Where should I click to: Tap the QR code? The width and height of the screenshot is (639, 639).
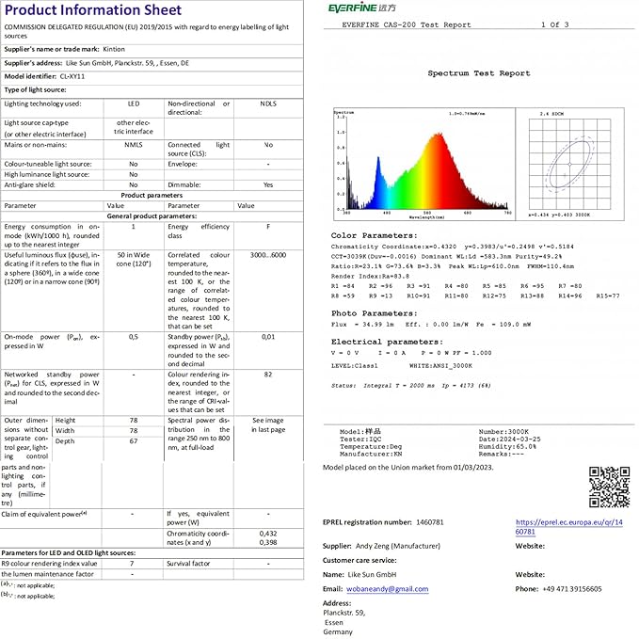(608, 487)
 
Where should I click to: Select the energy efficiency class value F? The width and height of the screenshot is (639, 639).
(268, 227)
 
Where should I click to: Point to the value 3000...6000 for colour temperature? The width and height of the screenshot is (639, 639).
(268, 255)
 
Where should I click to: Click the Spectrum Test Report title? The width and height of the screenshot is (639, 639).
(478, 72)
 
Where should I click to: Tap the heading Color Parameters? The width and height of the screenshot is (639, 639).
(374, 236)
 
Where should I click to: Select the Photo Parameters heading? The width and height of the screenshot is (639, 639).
(374, 312)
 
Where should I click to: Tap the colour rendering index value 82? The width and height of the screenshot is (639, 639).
(268, 374)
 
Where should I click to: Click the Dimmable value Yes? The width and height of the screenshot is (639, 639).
(268, 184)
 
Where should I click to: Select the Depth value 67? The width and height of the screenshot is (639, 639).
(133, 440)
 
